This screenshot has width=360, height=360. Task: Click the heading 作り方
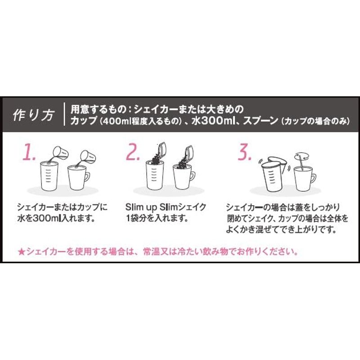pos(34,115)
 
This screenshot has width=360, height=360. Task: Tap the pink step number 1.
pos(29,152)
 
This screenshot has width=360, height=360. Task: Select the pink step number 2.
pos(133,152)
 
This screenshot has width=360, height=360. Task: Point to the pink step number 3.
pos(244,152)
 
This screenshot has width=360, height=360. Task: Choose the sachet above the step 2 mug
pos(189,152)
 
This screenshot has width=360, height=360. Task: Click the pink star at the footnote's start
pos(21,252)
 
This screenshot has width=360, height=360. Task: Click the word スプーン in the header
pos(261,121)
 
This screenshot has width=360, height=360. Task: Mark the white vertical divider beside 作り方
pos(64,114)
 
